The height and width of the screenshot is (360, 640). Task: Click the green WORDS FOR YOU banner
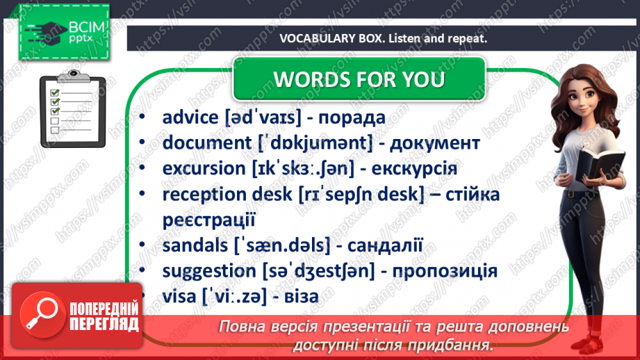tap(359, 79)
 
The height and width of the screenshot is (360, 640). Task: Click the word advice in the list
tap(190, 118)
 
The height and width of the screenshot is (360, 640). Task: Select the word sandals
tap(189, 245)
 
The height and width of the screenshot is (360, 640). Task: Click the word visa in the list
tap(179, 297)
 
